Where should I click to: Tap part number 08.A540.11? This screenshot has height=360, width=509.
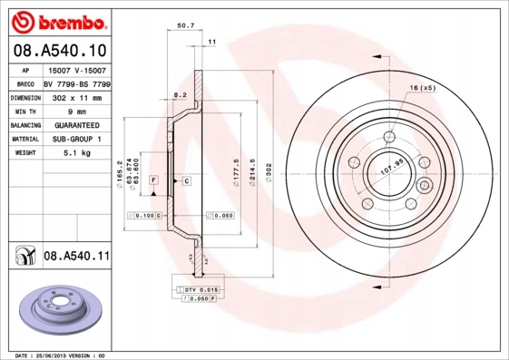pos(76,258)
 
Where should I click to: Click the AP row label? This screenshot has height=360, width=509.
pos(25,69)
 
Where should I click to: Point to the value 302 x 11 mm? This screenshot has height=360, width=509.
pos(76,96)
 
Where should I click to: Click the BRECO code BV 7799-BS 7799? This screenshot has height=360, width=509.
pos(76,83)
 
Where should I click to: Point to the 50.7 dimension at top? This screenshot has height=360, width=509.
pos(186,26)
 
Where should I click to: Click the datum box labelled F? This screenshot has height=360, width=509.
pos(154,181)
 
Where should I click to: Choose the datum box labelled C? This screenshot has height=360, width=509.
pos(185,181)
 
